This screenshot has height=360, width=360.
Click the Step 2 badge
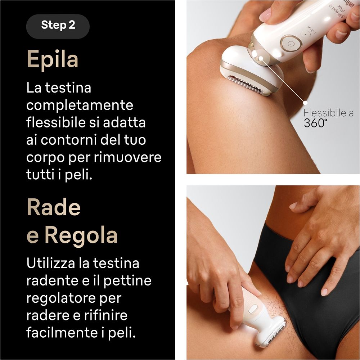coord(58,26)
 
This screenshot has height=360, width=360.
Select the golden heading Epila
coord(53,60)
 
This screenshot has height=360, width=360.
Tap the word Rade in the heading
coord(54,207)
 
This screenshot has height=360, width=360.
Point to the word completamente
coord(80,106)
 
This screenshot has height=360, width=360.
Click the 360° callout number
coord(315,123)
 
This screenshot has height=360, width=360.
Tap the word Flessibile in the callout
coord(325,113)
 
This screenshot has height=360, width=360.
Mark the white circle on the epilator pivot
coord(260,59)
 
